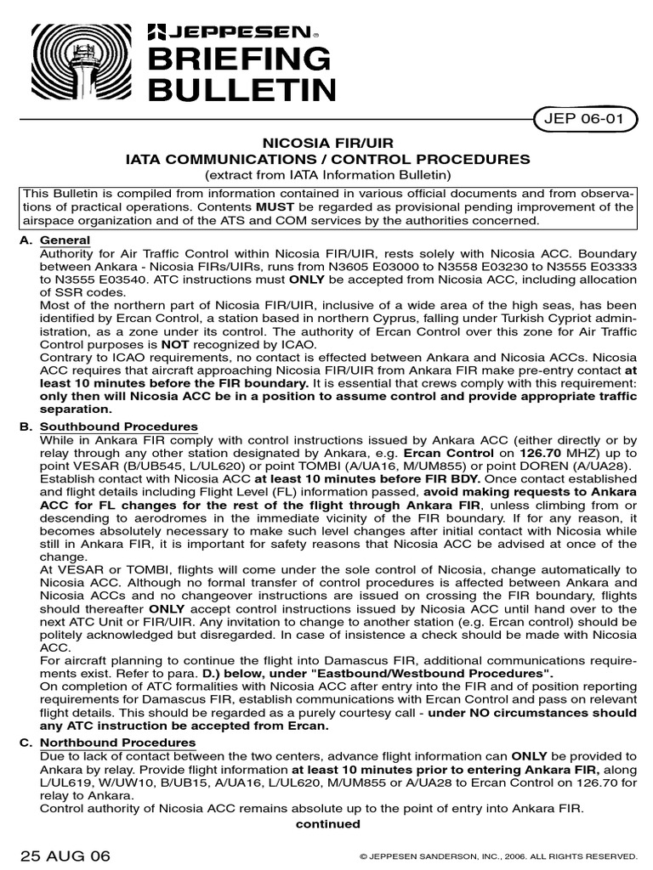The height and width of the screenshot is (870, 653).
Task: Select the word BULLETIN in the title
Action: point(242,89)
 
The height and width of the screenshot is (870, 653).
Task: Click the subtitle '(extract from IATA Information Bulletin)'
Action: point(327,174)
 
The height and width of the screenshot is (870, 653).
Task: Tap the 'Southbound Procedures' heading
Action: point(119,427)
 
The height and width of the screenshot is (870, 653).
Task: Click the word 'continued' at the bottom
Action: point(327,824)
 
